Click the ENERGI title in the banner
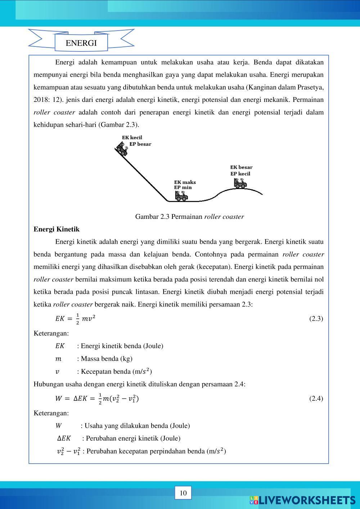pyautogui.click(x=81, y=43)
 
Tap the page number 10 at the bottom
pyautogui.click(x=183, y=493)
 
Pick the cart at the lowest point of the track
pyautogui.click(x=181, y=196)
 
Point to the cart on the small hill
pyautogui.click(x=240, y=184)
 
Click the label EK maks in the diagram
pyautogui.click(x=185, y=182)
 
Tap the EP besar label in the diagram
pyautogui.click(x=140, y=144)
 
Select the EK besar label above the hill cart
pyautogui.click(x=241, y=167)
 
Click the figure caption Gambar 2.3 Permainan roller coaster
pyautogui.click(x=189, y=217)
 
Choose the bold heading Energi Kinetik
pyautogui.click(x=57, y=229)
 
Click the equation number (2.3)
pyautogui.click(x=316, y=319)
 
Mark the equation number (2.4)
pyautogui.click(x=316, y=398)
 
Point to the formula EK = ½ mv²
pyautogui.click(x=75, y=319)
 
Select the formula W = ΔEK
pyautogui.click(x=96, y=398)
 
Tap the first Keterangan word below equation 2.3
pyautogui.click(x=51, y=333)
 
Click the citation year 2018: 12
pyautogui.click(x=47, y=100)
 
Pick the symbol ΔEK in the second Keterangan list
pyautogui.click(x=64, y=438)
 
